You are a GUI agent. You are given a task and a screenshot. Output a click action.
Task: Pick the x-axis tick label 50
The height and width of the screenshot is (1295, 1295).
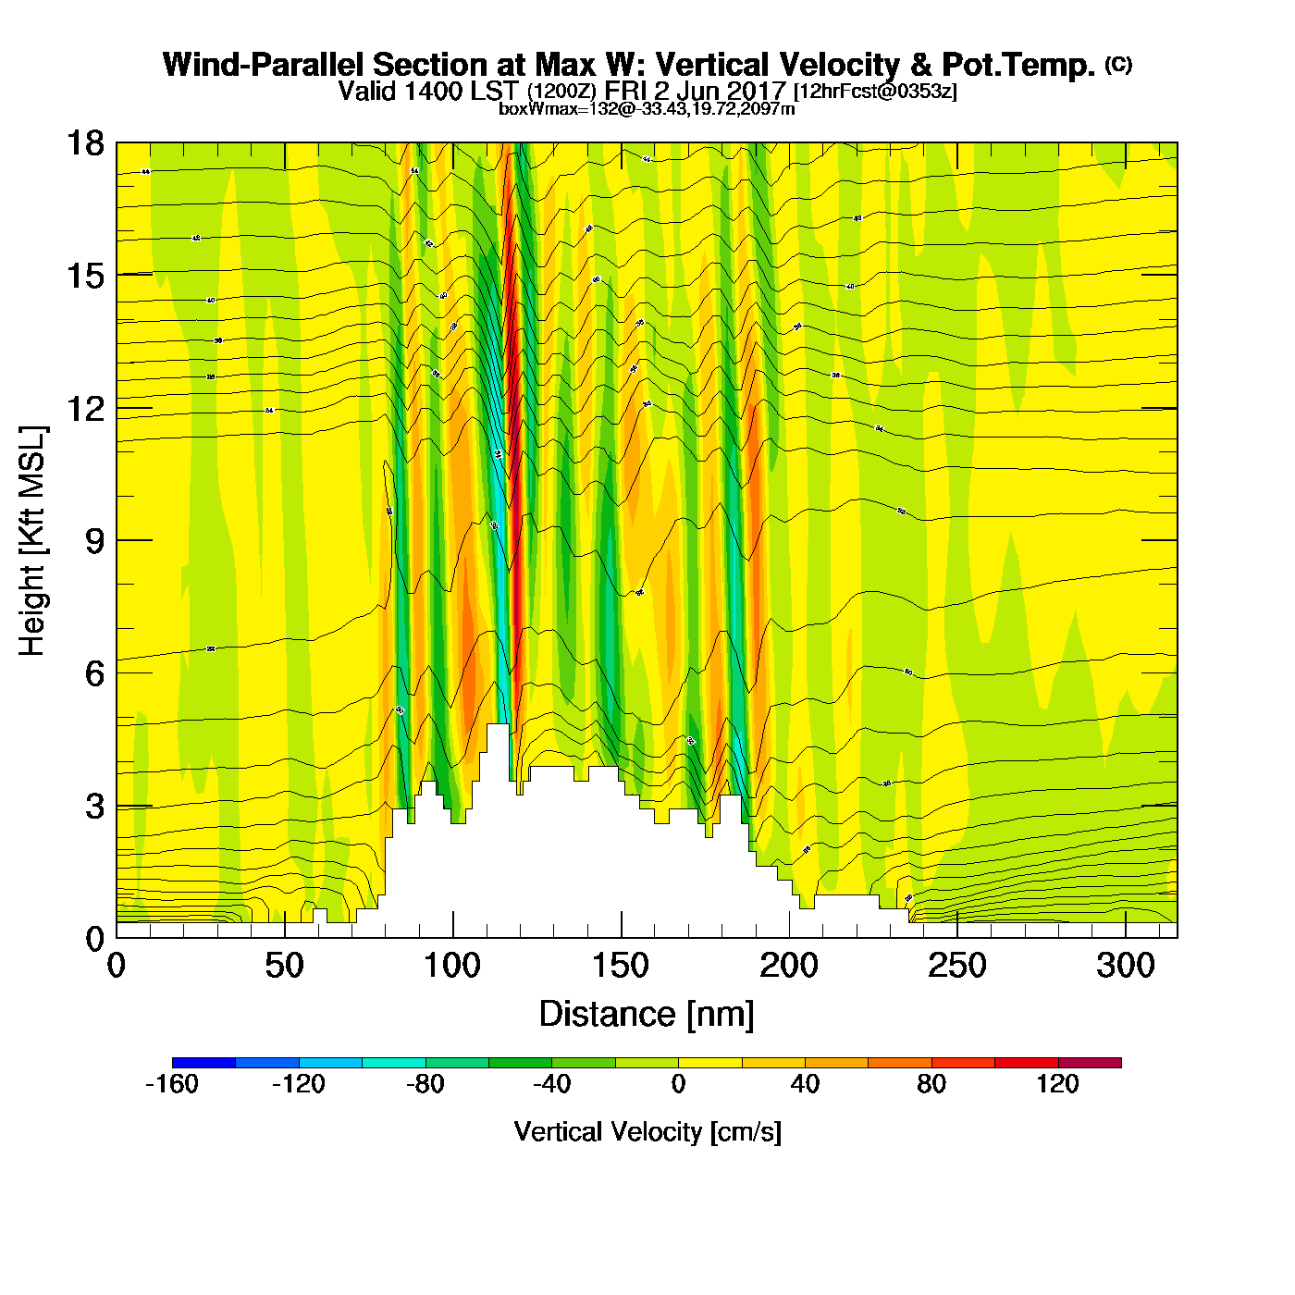(284, 966)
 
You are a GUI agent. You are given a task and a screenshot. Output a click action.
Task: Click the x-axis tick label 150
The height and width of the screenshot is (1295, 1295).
(621, 966)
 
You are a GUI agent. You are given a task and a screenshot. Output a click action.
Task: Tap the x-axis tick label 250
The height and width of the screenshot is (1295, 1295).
(957, 966)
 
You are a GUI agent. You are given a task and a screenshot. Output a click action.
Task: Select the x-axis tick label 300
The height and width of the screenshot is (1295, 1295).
(1126, 966)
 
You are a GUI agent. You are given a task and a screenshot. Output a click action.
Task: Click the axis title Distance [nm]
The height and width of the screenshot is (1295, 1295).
(647, 1014)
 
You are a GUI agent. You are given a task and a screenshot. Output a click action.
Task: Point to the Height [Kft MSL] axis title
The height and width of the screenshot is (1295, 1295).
(31, 541)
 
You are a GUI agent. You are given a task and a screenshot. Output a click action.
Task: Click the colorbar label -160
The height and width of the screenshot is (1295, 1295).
(172, 1084)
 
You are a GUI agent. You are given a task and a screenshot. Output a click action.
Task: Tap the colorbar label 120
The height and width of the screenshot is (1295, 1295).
(1057, 1084)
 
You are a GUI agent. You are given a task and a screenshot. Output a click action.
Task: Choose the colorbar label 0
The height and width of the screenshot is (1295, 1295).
(678, 1084)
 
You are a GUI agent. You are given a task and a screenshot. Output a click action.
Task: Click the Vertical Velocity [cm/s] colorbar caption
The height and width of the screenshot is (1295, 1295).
(647, 1131)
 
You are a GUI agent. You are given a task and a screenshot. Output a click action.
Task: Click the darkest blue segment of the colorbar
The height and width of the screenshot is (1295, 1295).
(203, 1063)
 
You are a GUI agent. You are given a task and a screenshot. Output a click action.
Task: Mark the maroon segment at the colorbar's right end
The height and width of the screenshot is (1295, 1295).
(1090, 1063)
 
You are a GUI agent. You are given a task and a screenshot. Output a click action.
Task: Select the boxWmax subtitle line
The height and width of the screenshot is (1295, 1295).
(647, 108)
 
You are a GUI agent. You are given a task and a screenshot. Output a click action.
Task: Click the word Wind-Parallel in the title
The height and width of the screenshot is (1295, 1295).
(264, 65)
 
